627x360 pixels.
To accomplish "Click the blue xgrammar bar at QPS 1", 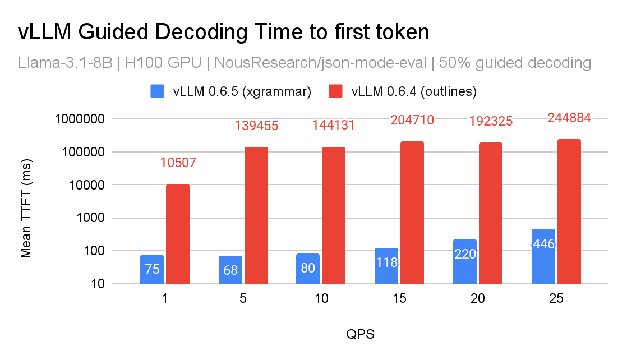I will coord(152,270).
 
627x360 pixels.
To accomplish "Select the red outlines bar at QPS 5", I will coord(256,215).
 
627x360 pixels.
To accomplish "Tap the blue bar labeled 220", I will coord(464,261).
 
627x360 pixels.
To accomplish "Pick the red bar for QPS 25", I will coord(569,211).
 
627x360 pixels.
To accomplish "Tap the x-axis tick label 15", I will coord(399,299).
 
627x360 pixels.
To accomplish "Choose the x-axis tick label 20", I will coord(478,299).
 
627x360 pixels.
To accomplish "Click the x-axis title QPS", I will coord(359,335).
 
